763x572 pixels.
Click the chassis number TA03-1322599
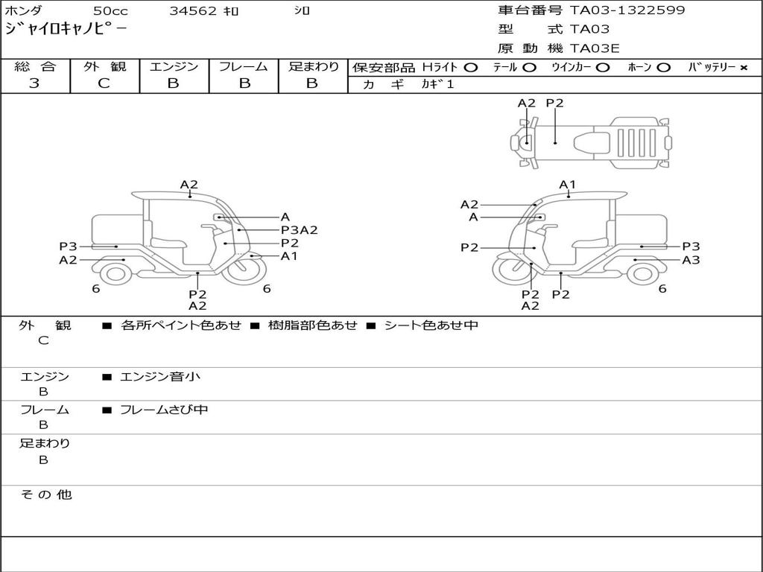tap(627, 10)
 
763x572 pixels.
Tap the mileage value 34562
tap(193, 11)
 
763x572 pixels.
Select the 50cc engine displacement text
tap(110, 11)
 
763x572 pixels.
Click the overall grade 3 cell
tap(35, 83)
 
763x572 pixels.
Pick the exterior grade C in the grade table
tap(104, 83)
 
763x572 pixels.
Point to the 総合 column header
tap(35, 67)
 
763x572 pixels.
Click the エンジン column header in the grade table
tap(174, 67)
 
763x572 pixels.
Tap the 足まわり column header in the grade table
tap(313, 67)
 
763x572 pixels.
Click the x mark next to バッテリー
tap(743, 68)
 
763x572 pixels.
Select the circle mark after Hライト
tap(470, 68)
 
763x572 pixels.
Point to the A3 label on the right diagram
tap(691, 260)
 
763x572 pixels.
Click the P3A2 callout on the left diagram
tap(299, 230)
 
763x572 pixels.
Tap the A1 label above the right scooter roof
tap(568, 185)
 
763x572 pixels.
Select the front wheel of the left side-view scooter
tap(244, 272)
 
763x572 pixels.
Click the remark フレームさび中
tap(164, 410)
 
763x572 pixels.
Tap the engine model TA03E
tap(595, 49)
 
